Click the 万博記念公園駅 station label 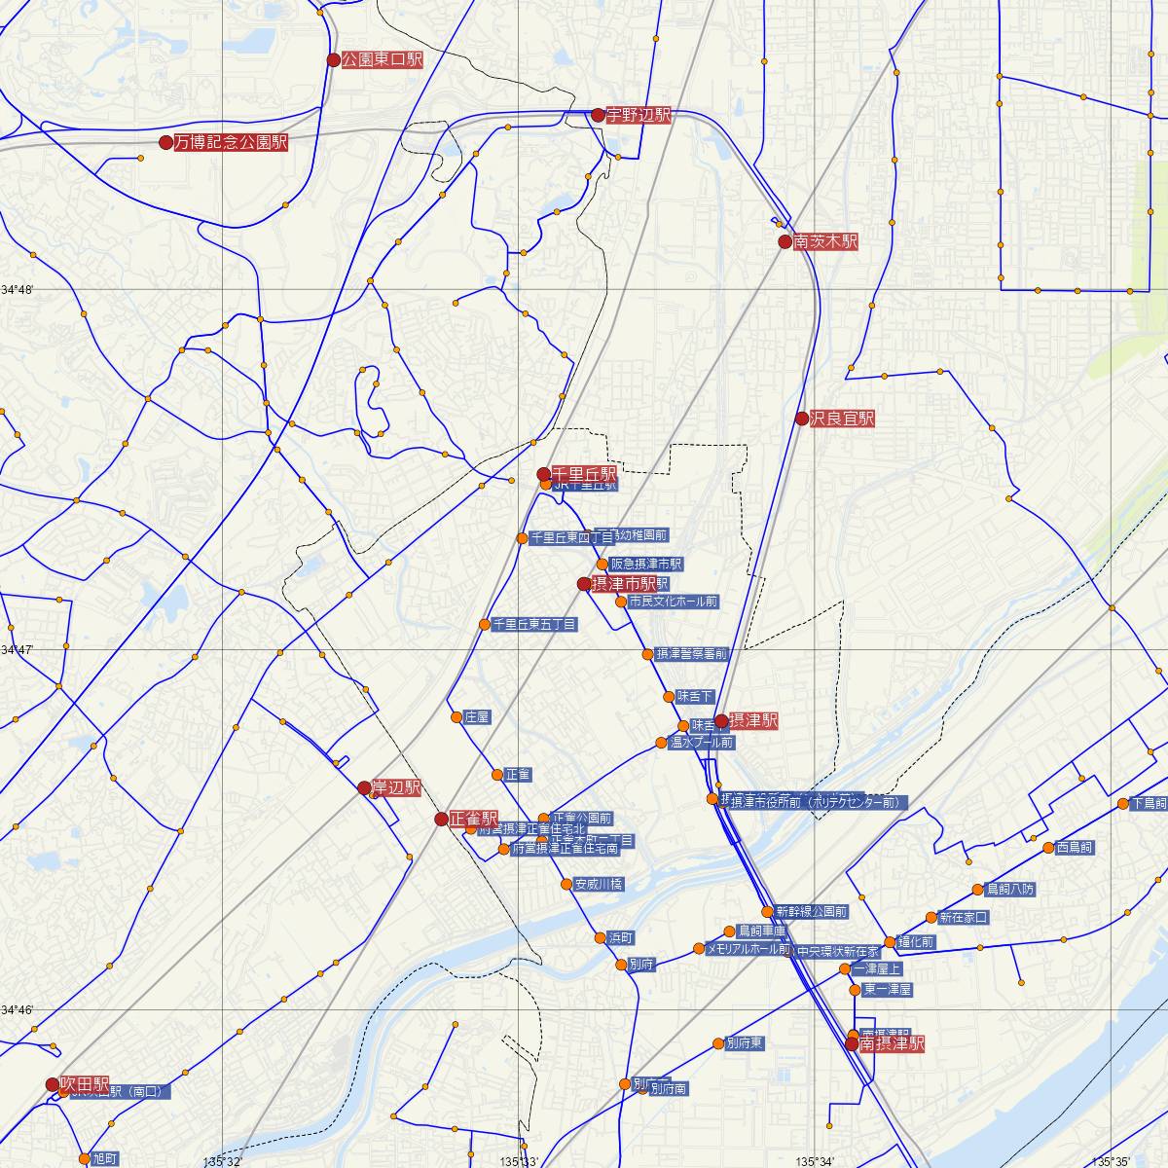point(231,142)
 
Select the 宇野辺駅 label point(639,115)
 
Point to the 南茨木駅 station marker point(785,241)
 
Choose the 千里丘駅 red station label point(584,473)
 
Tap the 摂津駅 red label point(753,721)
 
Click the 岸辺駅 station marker point(364,787)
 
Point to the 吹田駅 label point(85,1083)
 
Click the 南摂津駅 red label point(892,1043)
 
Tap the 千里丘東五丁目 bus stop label point(534,624)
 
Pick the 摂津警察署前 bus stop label point(691,654)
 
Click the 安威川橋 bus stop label point(599,884)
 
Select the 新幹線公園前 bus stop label point(812,912)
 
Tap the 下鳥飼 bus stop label point(1149,804)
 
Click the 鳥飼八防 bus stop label point(1010,889)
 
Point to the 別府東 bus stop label point(745,1042)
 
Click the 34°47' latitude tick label point(18,649)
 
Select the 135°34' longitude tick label point(816,1161)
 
